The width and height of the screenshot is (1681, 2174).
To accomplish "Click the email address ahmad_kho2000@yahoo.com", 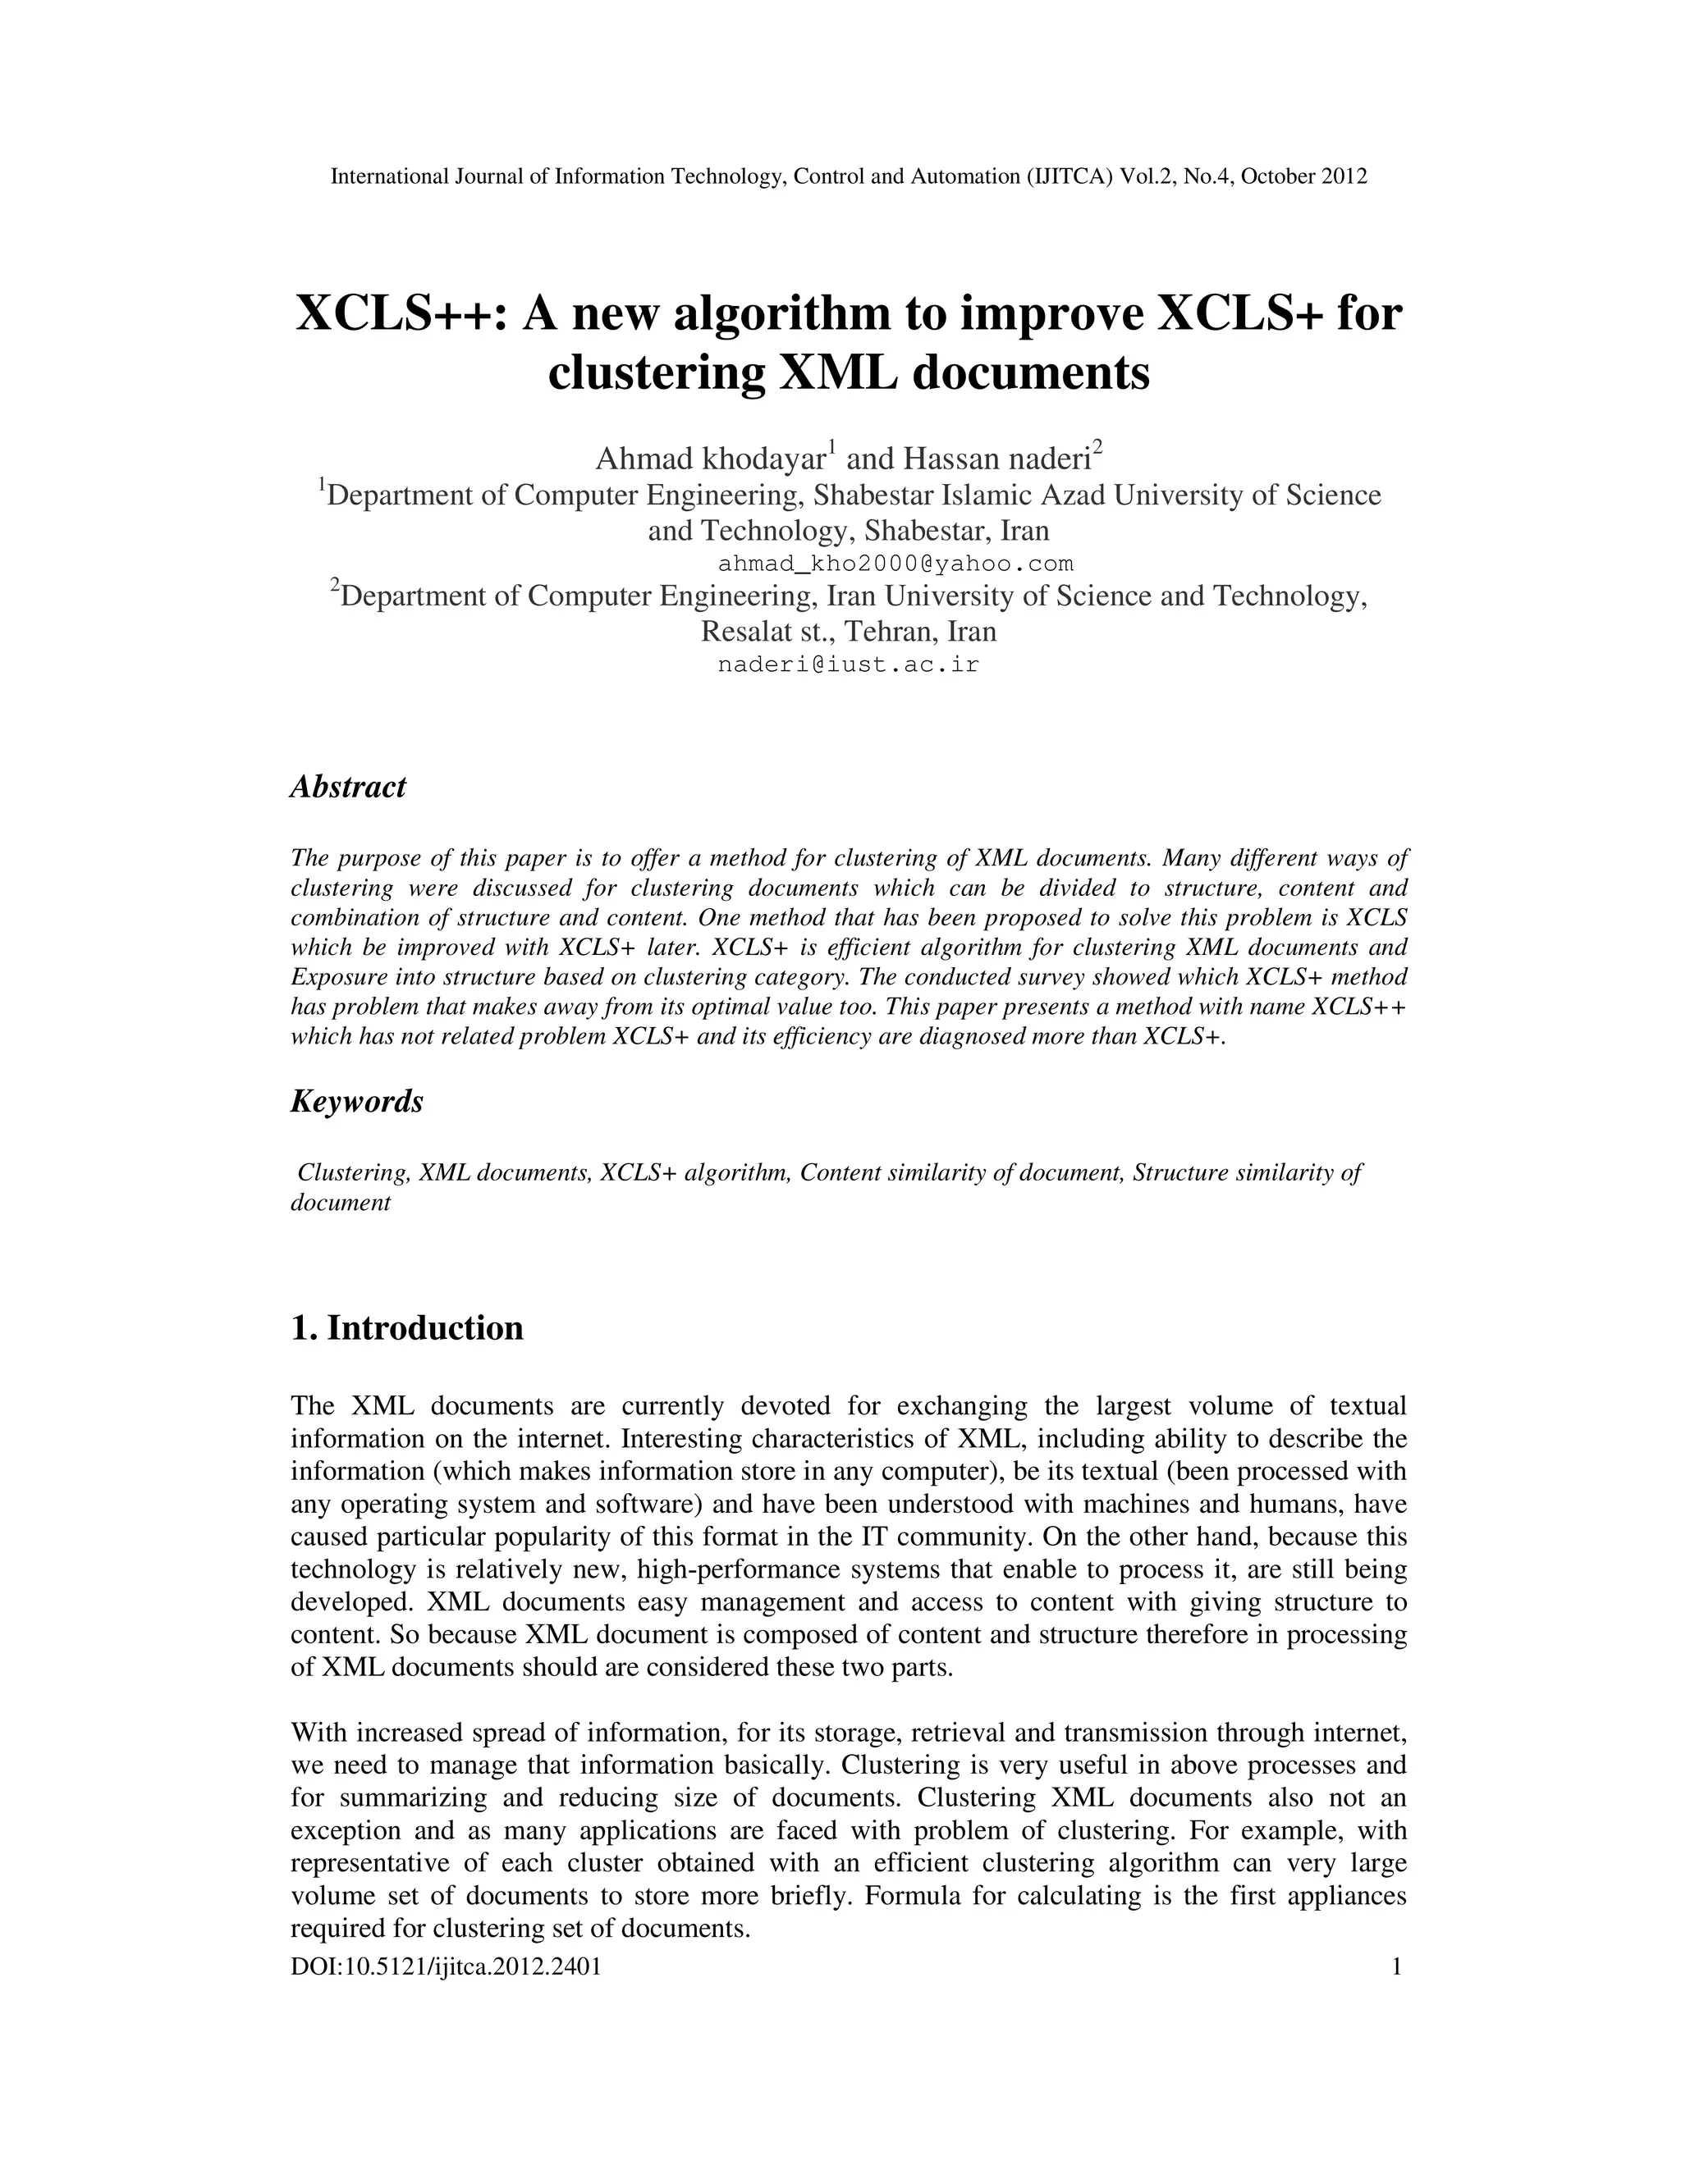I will (895, 564).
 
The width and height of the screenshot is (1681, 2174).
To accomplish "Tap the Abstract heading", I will (347, 787).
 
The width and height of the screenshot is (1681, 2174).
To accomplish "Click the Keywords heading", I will (356, 1101).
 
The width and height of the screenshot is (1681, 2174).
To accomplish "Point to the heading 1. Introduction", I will (406, 1328).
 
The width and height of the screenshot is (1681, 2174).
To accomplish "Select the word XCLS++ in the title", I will (402, 314).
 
